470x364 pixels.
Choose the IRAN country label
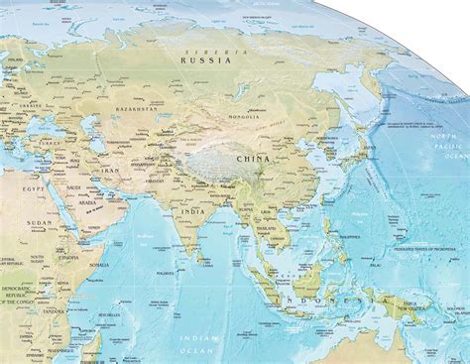coord(105,169)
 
